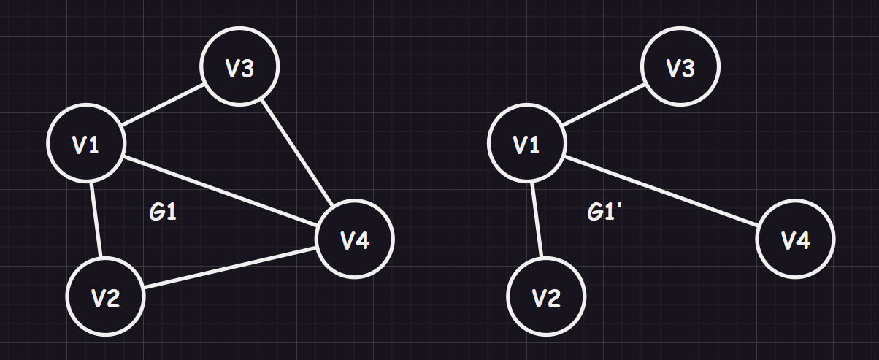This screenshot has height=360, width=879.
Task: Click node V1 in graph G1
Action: tap(85, 143)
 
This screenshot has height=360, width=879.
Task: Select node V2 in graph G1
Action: tap(105, 296)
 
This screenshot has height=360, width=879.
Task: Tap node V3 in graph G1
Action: tap(239, 67)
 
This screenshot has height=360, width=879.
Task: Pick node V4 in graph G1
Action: tap(355, 238)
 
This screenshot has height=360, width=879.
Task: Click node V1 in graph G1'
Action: tap(526, 143)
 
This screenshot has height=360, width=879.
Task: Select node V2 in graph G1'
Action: tap(546, 296)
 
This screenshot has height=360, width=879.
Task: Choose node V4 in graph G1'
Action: tap(795, 238)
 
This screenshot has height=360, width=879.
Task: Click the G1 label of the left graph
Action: tap(164, 212)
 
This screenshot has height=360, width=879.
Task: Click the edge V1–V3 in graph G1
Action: tap(162, 105)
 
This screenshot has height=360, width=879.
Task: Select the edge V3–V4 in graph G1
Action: tap(297, 152)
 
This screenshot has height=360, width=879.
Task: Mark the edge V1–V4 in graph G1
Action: tap(219, 191)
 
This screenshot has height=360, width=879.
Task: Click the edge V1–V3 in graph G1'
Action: tap(603, 105)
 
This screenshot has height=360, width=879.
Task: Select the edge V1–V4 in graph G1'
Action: tap(661, 191)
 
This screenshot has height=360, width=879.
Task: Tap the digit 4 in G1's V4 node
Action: tap(363, 239)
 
